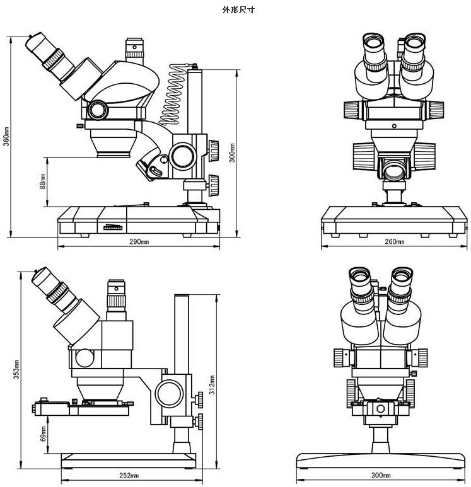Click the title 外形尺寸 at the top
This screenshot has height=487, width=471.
click(238, 10)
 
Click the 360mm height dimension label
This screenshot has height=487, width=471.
click(6, 136)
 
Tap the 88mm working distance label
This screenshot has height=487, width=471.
click(43, 181)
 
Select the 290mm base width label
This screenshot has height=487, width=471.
click(139, 241)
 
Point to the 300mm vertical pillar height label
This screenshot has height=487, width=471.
click(232, 153)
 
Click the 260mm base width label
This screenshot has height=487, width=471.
click(395, 241)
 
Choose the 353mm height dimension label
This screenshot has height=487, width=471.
click(16, 370)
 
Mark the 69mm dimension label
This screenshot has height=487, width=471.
click(44, 433)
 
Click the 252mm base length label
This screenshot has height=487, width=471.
click(129, 476)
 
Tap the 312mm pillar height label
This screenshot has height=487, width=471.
click(212, 385)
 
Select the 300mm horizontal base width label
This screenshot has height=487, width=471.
click(381, 475)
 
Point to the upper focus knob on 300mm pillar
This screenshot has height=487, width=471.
click(214, 151)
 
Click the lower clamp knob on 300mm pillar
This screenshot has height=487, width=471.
click(214, 185)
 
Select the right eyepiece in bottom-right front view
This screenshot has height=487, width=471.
click(401, 289)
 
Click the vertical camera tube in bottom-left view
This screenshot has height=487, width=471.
click(116, 300)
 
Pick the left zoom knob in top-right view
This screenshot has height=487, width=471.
click(354, 110)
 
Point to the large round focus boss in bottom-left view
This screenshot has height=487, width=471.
click(168, 394)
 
